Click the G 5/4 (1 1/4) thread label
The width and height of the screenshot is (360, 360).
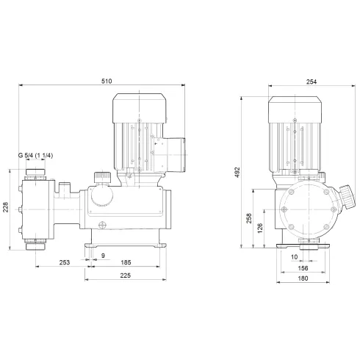point(41,156)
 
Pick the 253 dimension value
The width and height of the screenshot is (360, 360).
point(64,262)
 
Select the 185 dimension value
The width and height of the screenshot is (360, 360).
point(126,262)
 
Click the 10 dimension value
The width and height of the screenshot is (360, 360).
point(295,257)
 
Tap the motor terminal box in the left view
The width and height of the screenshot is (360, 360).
point(174,155)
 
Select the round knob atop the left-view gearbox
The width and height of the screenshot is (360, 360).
point(103,179)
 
